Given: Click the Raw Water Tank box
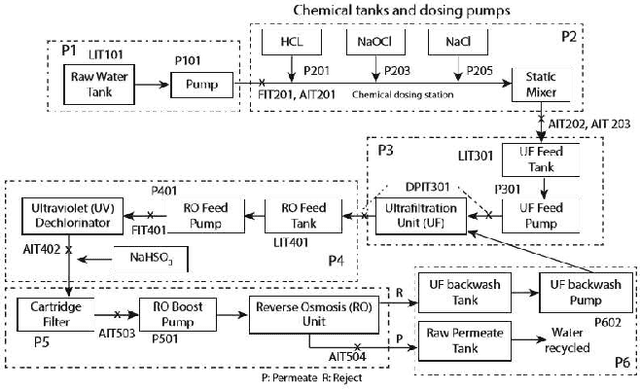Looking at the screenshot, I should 98,82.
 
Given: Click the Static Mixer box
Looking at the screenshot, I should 540,82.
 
